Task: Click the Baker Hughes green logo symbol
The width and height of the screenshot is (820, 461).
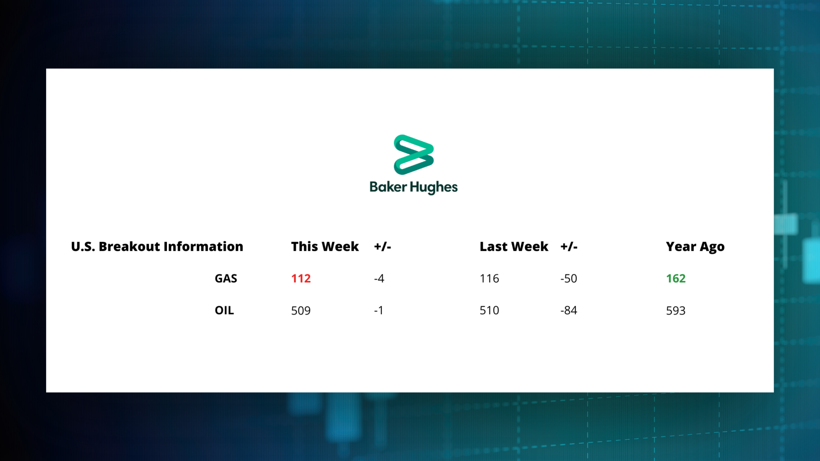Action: coord(414,154)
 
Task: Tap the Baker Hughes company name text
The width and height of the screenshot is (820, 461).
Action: coord(414,187)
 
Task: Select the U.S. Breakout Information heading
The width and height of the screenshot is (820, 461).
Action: coord(157,247)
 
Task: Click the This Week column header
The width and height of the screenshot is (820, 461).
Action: coord(325,247)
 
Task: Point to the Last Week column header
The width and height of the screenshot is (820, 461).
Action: coord(514,247)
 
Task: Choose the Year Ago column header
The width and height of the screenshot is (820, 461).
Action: coord(695,247)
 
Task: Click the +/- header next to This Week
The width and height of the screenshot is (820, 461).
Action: coord(382,247)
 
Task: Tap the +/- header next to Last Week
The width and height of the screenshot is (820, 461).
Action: coord(569,247)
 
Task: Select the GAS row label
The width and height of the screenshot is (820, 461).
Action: coord(226,279)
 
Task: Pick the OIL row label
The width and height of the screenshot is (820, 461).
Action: coord(224,311)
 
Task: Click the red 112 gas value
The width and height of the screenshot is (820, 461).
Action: coord(301,279)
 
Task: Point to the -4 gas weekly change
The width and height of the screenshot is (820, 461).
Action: coord(379,279)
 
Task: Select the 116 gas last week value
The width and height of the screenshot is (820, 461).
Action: coord(489,279)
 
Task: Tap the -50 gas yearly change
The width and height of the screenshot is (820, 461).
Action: coord(569,279)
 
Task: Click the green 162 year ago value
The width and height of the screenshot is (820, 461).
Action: coord(676,279)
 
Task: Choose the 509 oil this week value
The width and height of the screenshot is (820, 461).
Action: coord(301,311)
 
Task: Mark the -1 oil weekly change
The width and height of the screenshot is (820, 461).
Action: coord(379,311)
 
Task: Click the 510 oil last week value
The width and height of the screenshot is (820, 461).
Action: coord(489,311)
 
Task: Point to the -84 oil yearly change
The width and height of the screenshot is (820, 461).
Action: coord(569,311)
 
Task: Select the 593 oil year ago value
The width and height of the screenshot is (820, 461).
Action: coord(676,311)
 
